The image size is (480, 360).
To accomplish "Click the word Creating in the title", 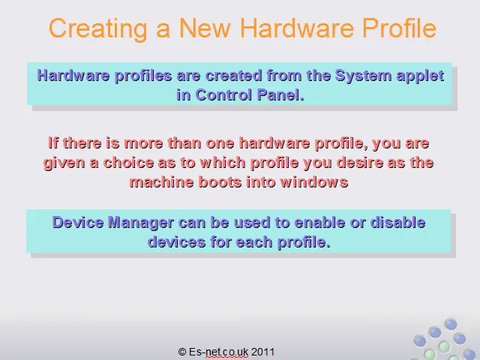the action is pyautogui.click(x=98, y=28).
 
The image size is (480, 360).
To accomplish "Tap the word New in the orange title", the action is pyautogui.click(x=205, y=28).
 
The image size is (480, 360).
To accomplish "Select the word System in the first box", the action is pyautogui.click(x=363, y=76).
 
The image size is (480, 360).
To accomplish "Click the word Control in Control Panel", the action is pyautogui.click(x=223, y=95).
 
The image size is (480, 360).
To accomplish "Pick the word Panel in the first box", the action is pyautogui.click(x=280, y=95).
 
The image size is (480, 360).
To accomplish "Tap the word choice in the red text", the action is pyautogui.click(x=128, y=163).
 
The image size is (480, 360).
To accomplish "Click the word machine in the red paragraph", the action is pyautogui.click(x=162, y=182).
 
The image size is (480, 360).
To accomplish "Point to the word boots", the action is pyautogui.click(x=220, y=182).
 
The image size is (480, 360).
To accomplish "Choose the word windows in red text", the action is pyautogui.click(x=314, y=182).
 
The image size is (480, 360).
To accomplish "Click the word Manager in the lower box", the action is pyautogui.click(x=141, y=223).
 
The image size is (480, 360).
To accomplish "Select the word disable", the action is pyautogui.click(x=397, y=223).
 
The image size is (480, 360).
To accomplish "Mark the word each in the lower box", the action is pyautogui.click(x=254, y=242).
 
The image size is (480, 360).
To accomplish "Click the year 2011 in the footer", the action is pyautogui.click(x=262, y=352).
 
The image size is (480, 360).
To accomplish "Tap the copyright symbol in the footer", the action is pyautogui.click(x=182, y=352).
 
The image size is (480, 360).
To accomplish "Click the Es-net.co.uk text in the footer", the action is pyautogui.click(x=218, y=352).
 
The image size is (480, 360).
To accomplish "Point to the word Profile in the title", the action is pyautogui.click(x=399, y=28).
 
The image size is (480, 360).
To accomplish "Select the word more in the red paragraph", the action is pyautogui.click(x=143, y=143).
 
